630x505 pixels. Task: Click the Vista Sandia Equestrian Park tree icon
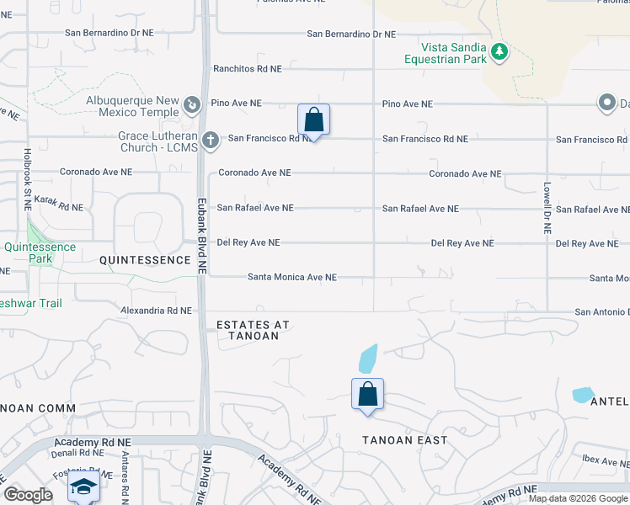point(499,52)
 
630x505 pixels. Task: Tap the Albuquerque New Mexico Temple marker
point(192,104)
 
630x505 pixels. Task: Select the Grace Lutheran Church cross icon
point(211,139)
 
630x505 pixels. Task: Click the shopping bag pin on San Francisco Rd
point(313,120)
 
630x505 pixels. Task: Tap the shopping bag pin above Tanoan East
point(367,394)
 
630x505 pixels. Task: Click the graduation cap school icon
point(83,486)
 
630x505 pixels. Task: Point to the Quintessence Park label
point(40,252)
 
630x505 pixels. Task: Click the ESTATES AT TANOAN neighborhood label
point(248,330)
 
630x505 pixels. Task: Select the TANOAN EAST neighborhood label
point(404,440)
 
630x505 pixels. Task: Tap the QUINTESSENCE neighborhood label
point(145,260)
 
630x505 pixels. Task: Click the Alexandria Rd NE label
point(157,311)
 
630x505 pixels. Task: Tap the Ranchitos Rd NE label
point(247,69)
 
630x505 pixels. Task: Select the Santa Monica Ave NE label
point(292,277)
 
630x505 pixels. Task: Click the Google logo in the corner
point(29,495)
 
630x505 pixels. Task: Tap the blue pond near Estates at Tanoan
point(367,359)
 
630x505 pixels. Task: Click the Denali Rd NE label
point(79,452)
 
